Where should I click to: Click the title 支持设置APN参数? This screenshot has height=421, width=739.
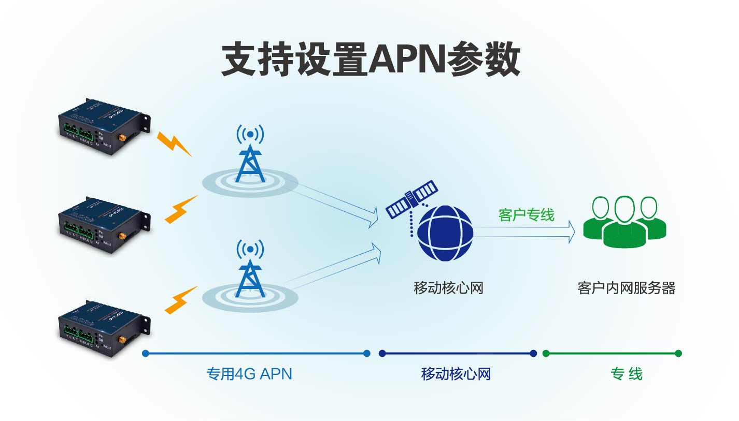coord(370,60)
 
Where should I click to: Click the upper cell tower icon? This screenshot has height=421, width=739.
coord(250,155)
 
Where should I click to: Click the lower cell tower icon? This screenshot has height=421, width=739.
coord(250,269)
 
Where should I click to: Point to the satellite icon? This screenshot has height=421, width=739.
coord(412,199)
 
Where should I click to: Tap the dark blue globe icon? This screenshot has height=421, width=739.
coord(445,233)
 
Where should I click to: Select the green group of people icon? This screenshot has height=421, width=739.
coord(624,220)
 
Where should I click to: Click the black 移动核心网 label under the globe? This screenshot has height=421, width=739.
coord(448,288)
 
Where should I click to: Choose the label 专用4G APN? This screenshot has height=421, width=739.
coord(249,373)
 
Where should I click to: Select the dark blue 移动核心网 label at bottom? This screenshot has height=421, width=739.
coord(456,373)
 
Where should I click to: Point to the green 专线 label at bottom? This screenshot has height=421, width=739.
coord(626,373)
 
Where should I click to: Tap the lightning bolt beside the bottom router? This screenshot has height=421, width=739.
coord(181,300)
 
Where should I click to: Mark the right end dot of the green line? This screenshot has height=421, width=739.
coord(678,354)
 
